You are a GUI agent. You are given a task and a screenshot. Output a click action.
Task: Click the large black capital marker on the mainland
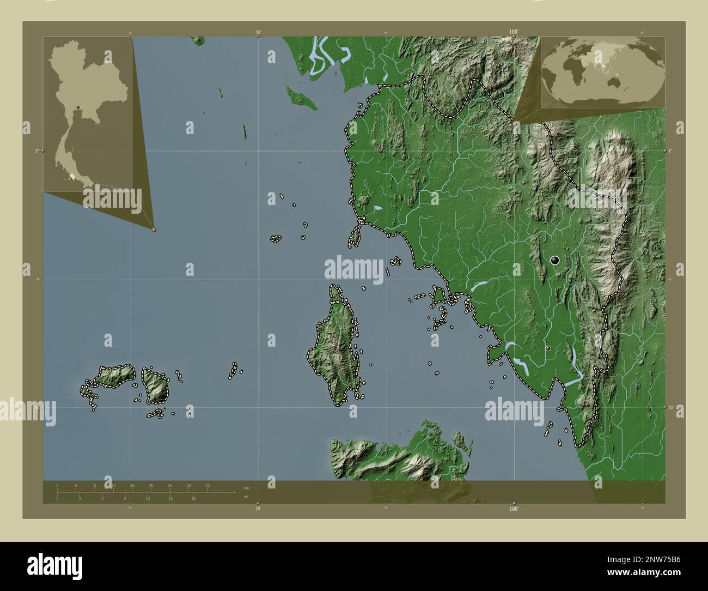pyautogui.click(x=555, y=261)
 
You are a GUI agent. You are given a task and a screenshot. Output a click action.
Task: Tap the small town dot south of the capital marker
pyautogui.click(x=548, y=348)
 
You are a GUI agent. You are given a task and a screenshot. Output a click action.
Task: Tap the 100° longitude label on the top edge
pyautogui.click(x=513, y=32)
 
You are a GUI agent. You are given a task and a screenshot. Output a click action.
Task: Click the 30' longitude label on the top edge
pyautogui.click(x=258, y=32)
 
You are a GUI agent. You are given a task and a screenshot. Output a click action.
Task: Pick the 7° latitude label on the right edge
pyautogui.click(x=670, y=150)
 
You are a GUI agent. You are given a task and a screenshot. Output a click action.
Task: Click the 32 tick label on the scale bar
pyautogui.click(x=207, y=485)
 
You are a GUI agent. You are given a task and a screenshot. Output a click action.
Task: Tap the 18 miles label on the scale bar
pyautogui.click(x=193, y=498)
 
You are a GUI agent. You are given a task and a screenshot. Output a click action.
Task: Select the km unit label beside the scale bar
pyautogui.click(x=247, y=487)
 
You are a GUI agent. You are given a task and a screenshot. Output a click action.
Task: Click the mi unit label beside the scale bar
pyautogui.click(x=246, y=497)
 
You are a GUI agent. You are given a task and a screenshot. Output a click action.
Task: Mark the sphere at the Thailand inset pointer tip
pyautogui.click(x=154, y=230)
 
